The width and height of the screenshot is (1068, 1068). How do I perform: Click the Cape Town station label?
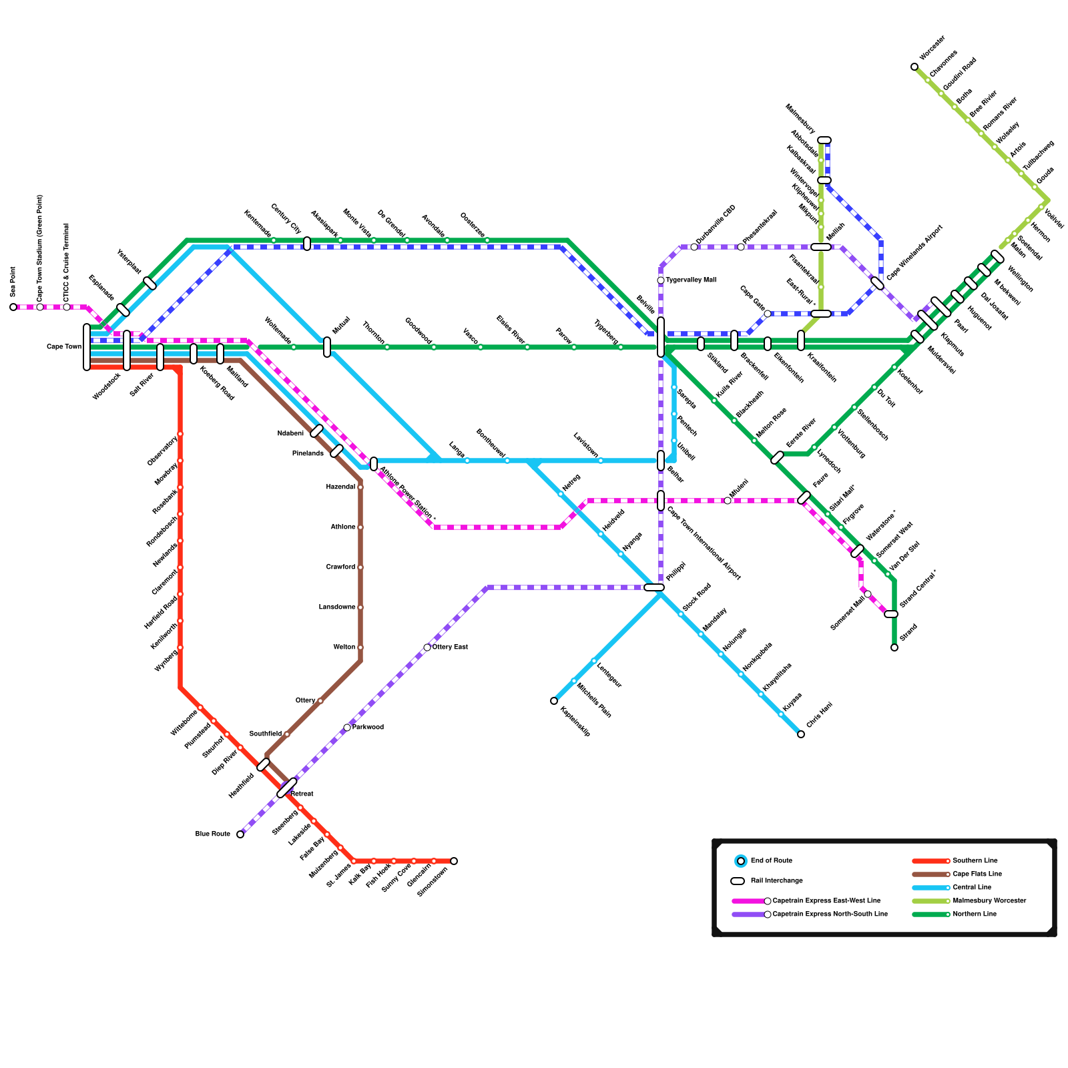tap(63, 347)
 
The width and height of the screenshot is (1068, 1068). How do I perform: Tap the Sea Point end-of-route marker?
tap(13, 307)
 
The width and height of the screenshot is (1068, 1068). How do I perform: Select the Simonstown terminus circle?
tap(454, 861)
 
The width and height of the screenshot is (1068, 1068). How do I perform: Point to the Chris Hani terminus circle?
tap(801, 734)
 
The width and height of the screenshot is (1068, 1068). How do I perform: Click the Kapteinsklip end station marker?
tap(554, 701)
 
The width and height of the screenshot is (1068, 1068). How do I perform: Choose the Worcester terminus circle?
tap(914, 67)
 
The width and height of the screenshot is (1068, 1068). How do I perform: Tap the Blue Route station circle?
tap(240, 834)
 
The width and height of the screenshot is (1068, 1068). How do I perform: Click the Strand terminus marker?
tap(894, 647)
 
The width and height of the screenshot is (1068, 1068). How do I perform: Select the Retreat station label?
tap(302, 794)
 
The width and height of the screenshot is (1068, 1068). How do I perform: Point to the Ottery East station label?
tap(450, 647)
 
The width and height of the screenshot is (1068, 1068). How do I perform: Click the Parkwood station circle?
tap(347, 728)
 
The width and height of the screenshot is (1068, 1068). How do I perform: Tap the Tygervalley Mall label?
tap(690, 280)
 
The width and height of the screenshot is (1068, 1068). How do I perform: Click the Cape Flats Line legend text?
tap(977, 874)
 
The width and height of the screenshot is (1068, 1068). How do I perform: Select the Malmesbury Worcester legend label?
tap(989, 901)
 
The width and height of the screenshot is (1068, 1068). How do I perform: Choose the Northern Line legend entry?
tap(975, 914)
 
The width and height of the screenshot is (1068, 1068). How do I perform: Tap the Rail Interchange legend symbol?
tap(738, 881)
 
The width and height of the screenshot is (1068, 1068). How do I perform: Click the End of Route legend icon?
tap(741, 861)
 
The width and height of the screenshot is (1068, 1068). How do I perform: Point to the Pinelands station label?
tap(308, 454)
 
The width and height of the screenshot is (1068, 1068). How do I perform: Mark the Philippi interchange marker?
tap(654, 587)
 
